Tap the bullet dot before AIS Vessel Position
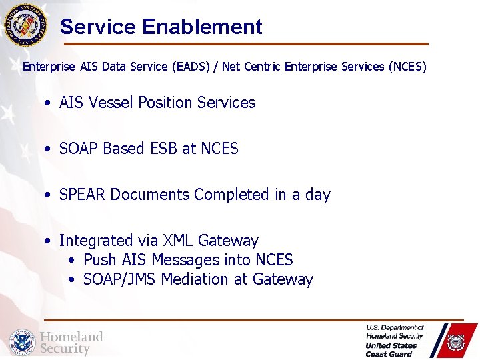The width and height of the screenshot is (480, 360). coord(49,103)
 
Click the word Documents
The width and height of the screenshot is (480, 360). coord(150,195)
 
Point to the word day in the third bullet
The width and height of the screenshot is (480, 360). coord(317,195)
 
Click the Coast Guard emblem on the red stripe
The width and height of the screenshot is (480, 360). coord(455,341)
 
